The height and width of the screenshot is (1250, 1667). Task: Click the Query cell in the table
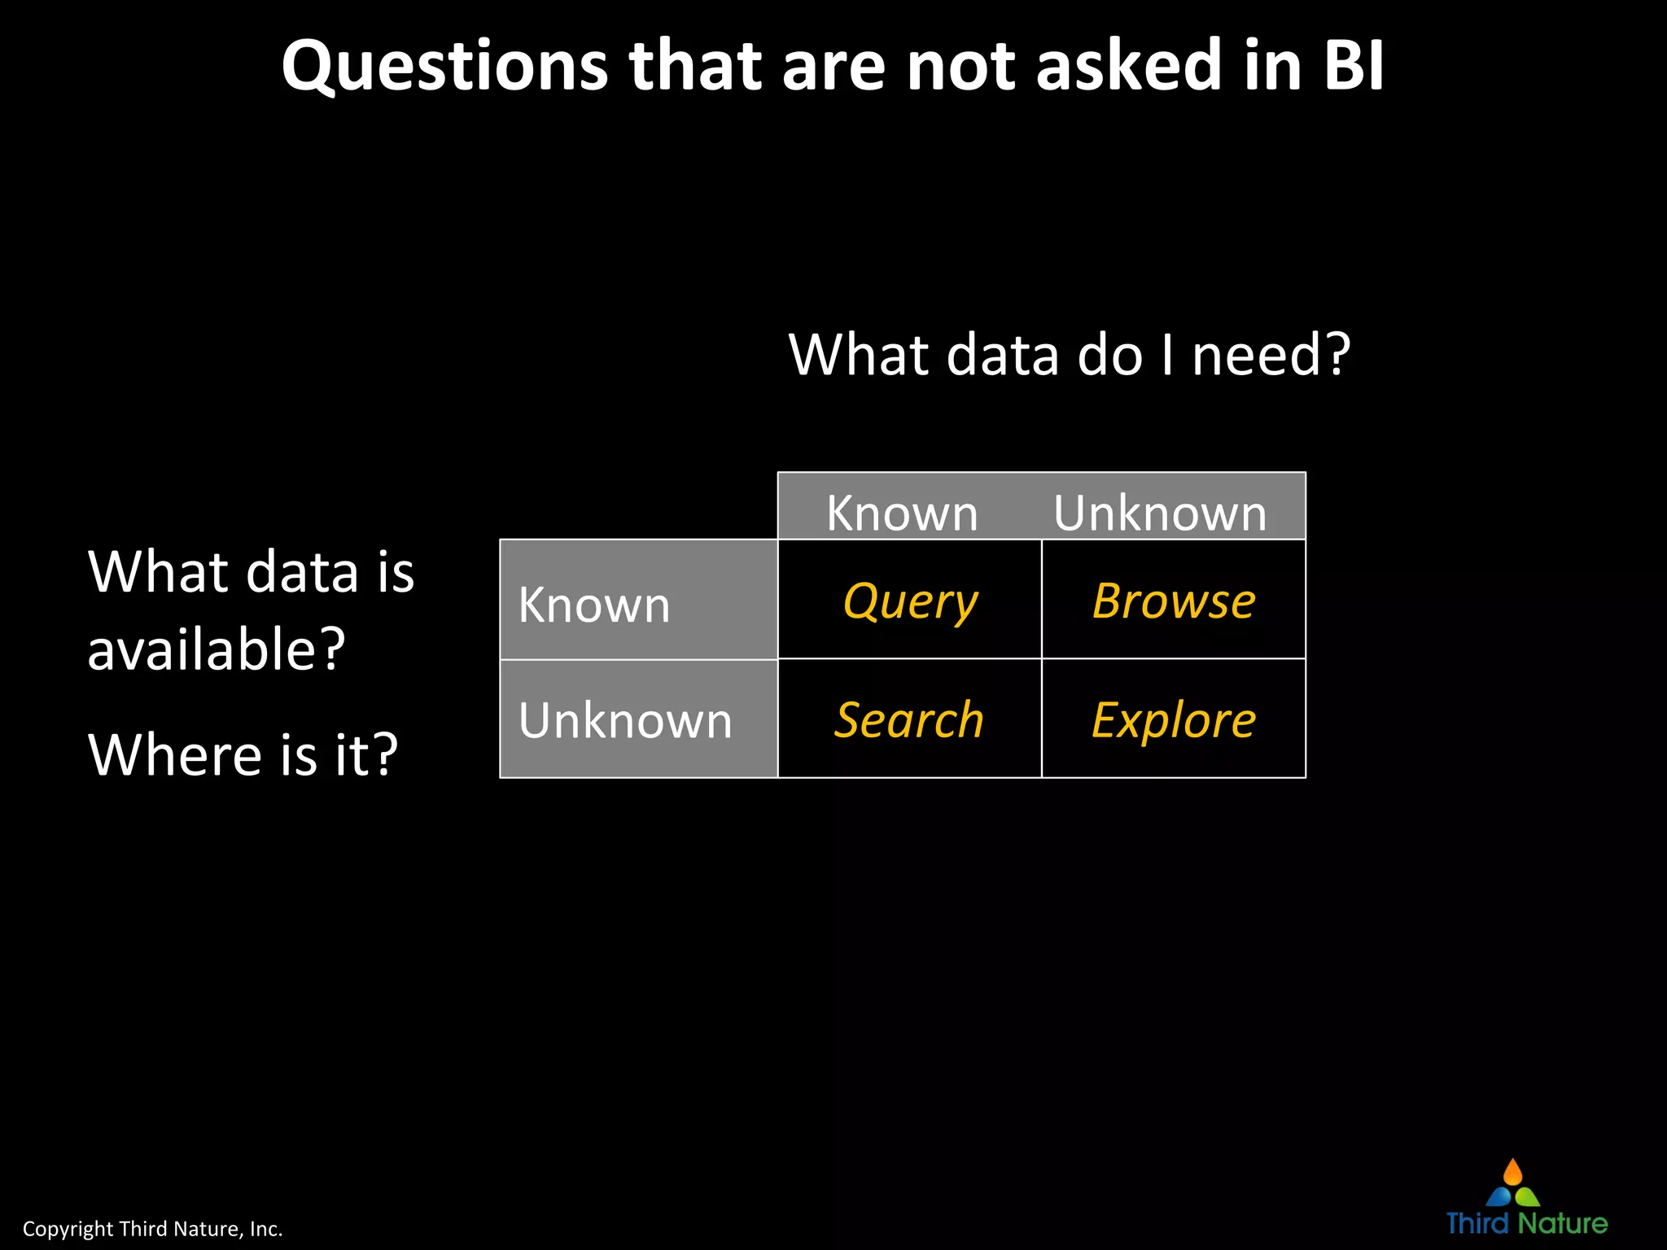910,601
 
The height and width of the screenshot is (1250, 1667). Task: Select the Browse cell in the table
1174,601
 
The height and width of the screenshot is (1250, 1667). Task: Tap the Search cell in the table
909,719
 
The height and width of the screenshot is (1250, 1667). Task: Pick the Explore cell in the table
1174,719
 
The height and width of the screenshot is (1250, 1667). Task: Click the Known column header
902,513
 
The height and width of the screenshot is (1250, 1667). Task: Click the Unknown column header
1160,513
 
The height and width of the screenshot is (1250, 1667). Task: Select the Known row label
594,605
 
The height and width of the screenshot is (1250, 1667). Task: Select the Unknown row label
625,720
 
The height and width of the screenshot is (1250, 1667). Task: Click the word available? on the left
217,649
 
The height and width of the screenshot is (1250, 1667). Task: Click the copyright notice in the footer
152,1228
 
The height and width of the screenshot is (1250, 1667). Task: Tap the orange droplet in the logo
1512,1173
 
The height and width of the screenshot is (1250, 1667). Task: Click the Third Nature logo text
1526,1222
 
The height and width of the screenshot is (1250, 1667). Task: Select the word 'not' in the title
960,65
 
